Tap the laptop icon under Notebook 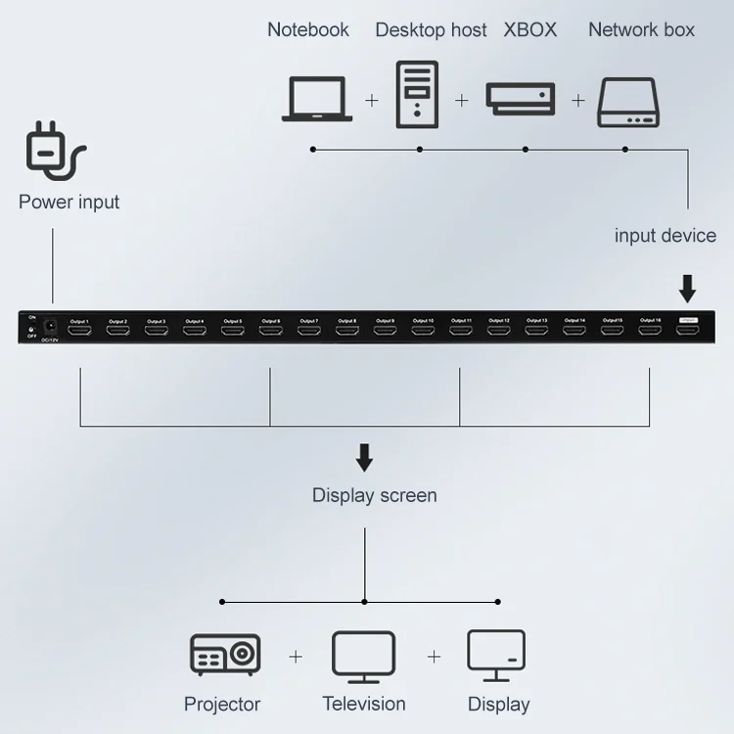coord(317,99)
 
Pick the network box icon coord(629,103)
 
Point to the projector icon coord(224,655)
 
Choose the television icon coord(364,656)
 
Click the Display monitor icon coord(496,655)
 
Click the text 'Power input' coord(69,203)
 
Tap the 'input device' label coord(665,235)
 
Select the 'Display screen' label coord(374,495)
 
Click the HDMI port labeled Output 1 coord(79,331)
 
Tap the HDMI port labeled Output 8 coord(346,331)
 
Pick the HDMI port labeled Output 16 coord(651,331)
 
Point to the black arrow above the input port coord(687,288)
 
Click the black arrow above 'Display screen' coord(364,457)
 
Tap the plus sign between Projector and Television coord(296,657)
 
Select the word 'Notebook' coord(308,29)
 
